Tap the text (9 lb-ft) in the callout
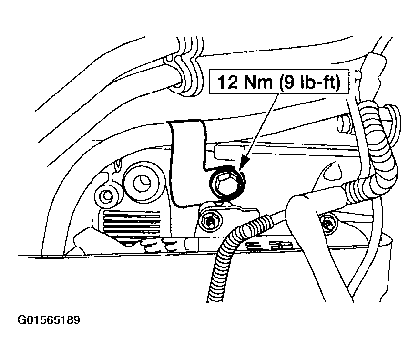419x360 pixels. point(310,82)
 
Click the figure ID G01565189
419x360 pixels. point(49,320)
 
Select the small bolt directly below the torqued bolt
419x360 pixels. point(210,219)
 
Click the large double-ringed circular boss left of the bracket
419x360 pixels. point(141,182)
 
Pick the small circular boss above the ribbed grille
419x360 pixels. point(107,195)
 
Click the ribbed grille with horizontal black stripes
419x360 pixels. point(132,219)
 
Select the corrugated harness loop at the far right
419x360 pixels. point(385,150)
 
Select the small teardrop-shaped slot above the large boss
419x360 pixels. point(118,165)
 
